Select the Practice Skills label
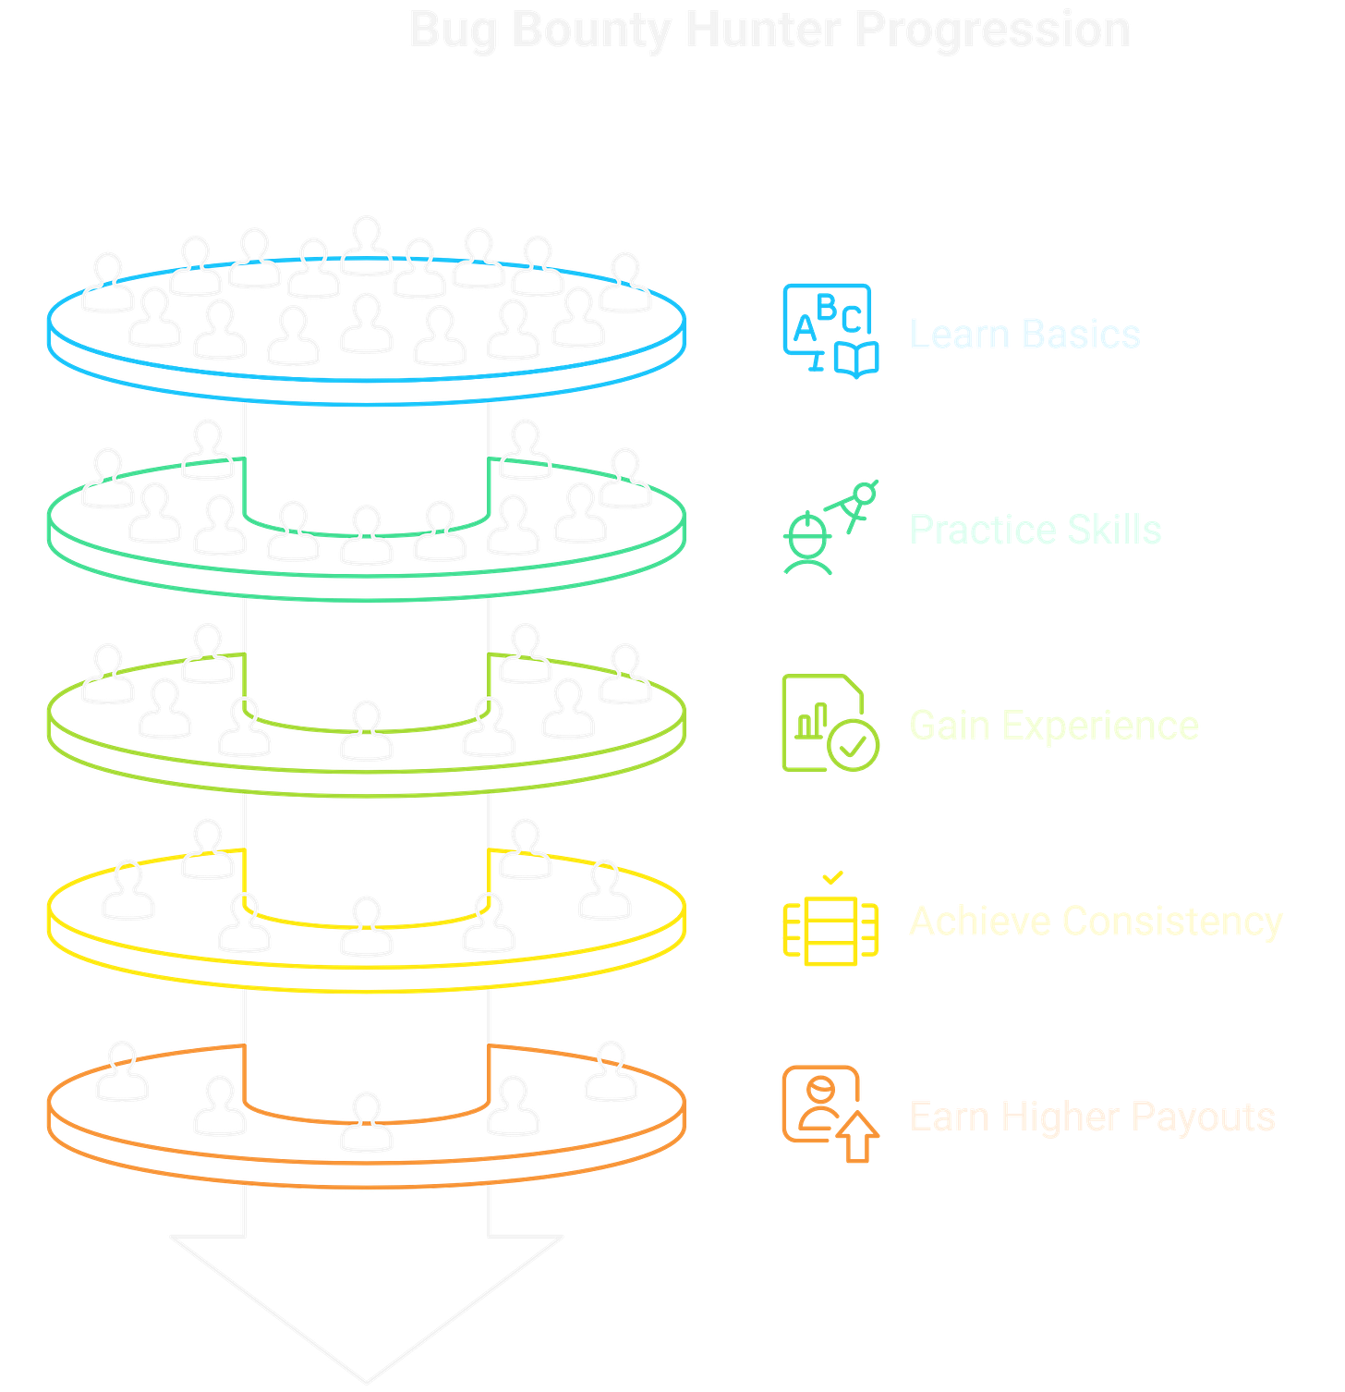1036,530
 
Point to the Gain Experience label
1054,726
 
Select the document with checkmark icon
829,723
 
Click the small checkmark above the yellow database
832,875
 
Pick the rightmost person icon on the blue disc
625,281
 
